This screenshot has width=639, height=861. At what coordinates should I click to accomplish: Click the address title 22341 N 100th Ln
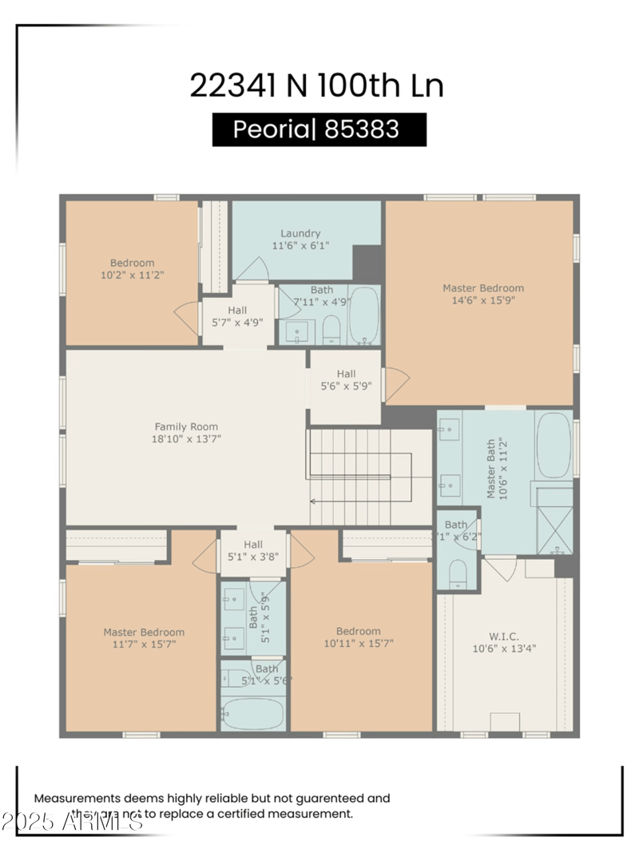click(x=316, y=85)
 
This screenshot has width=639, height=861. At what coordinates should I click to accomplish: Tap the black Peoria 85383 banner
click(x=319, y=129)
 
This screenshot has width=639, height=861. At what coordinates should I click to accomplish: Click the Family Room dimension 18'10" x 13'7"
click(x=186, y=438)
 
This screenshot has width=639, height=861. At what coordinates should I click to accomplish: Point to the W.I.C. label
click(x=503, y=637)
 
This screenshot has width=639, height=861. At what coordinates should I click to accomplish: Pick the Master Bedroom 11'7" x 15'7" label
click(x=144, y=637)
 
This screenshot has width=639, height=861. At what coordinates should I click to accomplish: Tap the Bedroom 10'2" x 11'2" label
click(x=132, y=268)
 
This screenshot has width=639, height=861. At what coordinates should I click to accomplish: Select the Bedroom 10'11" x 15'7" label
click(x=358, y=637)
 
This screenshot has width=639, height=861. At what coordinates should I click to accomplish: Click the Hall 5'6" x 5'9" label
click(x=346, y=380)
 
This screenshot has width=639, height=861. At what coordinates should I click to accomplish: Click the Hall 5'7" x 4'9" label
click(x=237, y=316)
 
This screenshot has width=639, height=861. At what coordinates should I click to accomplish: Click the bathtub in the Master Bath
click(x=554, y=446)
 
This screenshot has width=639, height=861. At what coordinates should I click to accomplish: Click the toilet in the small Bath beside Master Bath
click(x=458, y=573)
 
